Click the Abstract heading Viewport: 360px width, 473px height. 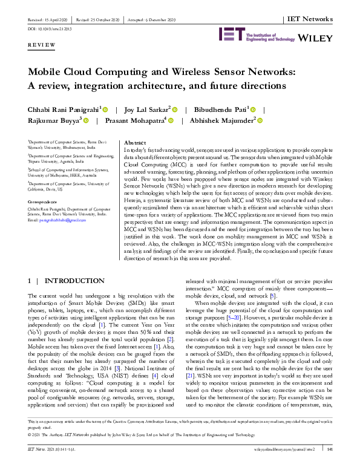134,142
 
